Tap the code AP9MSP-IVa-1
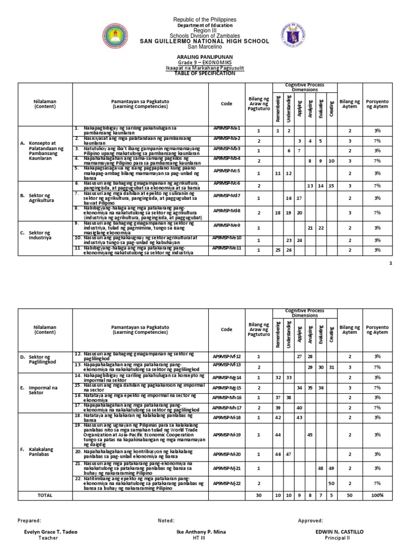(x=227, y=129)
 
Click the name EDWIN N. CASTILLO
(x=339, y=532)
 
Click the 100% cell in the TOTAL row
(x=377, y=495)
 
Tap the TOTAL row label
(x=45, y=495)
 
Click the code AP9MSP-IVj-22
(x=227, y=482)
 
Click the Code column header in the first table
(x=227, y=104)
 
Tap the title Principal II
(x=339, y=538)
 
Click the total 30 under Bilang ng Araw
(x=258, y=495)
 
